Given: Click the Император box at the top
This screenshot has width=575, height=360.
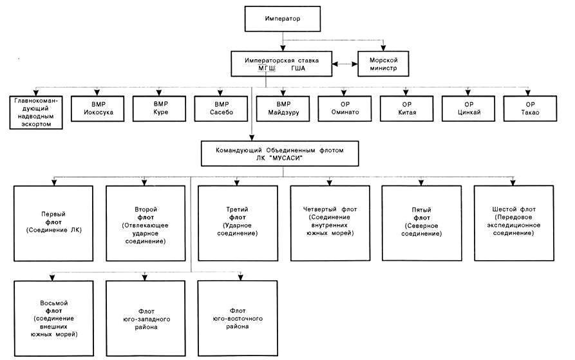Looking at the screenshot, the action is click(x=283, y=19).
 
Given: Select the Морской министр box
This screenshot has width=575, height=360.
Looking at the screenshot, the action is click(x=383, y=64).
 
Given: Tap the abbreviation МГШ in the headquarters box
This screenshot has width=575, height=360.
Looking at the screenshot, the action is click(x=267, y=68).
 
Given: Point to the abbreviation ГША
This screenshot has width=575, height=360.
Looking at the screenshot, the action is click(x=298, y=68).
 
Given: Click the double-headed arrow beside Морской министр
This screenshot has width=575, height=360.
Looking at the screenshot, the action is click(x=344, y=64).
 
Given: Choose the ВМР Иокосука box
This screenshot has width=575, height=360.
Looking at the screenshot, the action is click(x=97, y=108).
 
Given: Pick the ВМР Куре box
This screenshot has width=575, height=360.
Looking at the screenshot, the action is click(x=159, y=108).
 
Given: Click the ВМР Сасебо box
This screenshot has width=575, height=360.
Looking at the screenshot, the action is click(x=221, y=108).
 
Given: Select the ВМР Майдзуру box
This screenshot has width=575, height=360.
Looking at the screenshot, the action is click(x=283, y=108).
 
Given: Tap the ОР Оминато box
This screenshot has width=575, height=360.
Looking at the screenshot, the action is click(x=344, y=108).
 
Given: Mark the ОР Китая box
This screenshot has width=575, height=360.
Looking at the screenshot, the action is click(x=407, y=108).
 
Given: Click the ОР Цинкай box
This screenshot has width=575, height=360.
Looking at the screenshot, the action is click(x=468, y=108).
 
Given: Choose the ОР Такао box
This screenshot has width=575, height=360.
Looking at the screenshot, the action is click(x=531, y=108).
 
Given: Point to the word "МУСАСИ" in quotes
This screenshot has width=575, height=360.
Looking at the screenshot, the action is click(x=287, y=158).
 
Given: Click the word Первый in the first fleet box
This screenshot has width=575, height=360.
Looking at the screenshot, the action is click(x=53, y=214).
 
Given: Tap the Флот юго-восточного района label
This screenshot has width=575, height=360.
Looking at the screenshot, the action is click(x=238, y=319).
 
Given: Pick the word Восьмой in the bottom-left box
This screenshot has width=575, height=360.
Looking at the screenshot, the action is click(x=54, y=303).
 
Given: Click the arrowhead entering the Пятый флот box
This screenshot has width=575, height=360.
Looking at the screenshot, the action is click(x=421, y=182).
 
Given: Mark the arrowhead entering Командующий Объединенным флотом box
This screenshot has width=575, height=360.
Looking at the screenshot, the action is click(x=252, y=138).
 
